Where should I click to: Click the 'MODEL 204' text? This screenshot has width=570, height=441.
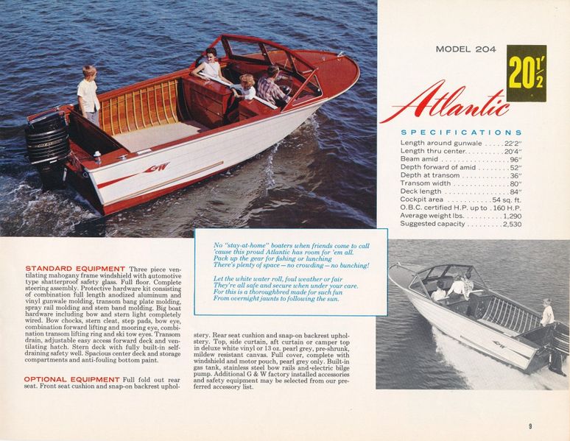click(465, 50)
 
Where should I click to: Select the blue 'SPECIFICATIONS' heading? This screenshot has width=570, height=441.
click(461, 133)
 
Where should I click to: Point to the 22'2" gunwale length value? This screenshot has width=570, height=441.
click(511, 142)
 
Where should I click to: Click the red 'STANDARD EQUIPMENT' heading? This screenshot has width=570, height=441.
click(75, 268)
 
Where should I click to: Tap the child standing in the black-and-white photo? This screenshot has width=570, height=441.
click(547, 312)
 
